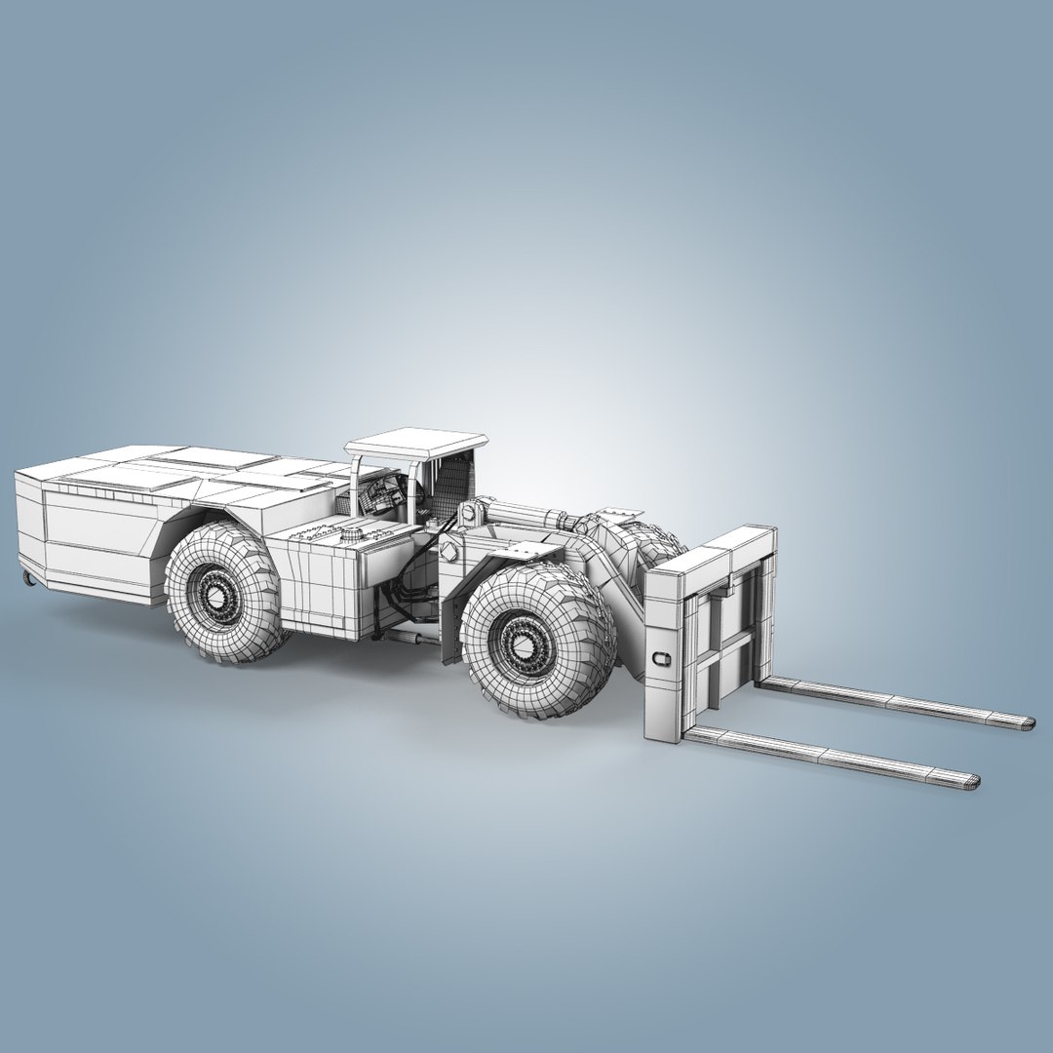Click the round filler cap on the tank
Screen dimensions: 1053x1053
tap(349, 534)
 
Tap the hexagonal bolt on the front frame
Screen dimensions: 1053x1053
tap(448, 552)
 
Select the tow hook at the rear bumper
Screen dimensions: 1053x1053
tap(28, 581)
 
